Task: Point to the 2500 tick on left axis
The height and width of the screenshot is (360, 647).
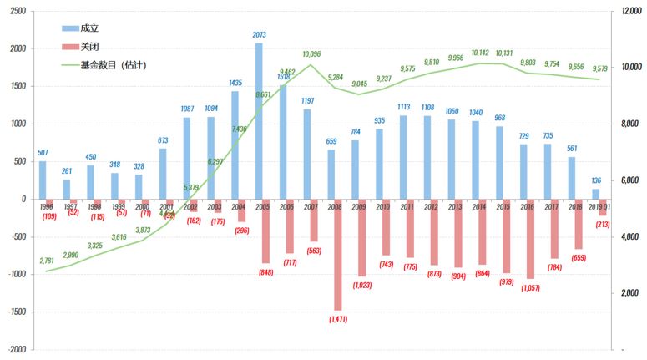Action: coord(16,12)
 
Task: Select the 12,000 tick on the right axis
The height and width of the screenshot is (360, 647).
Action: coord(628,12)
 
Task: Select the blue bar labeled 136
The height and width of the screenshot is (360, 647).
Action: coord(595,194)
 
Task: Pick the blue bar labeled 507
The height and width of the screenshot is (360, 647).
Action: coord(43,180)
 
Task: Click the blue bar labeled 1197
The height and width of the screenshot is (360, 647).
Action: coord(307,154)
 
